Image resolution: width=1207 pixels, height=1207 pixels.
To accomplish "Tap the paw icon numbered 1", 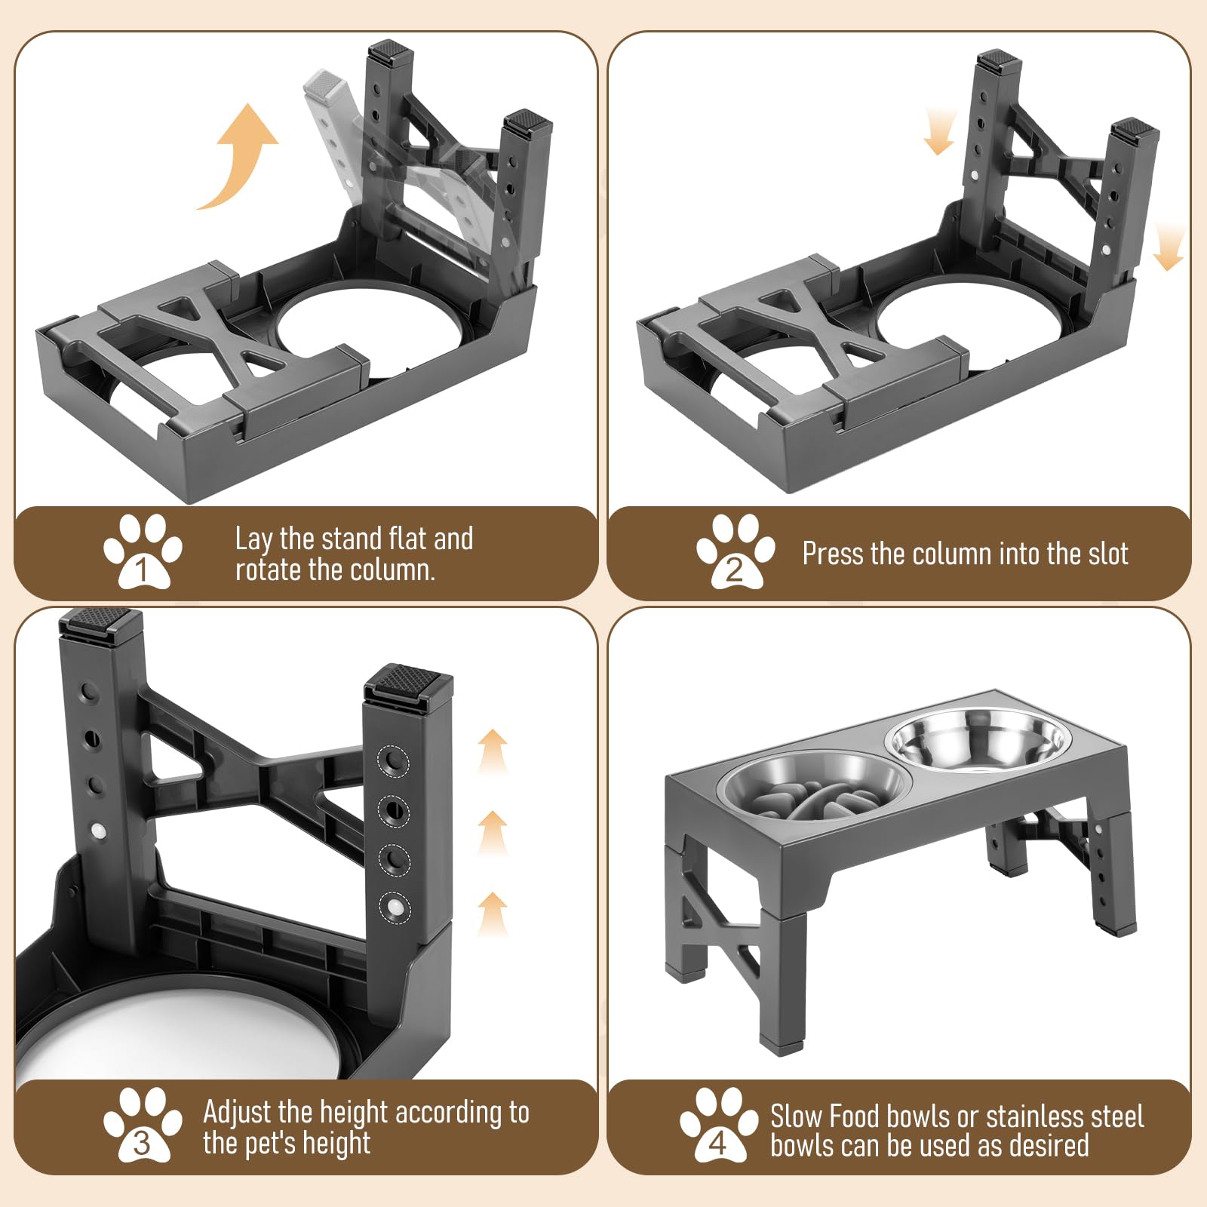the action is [x=143, y=551].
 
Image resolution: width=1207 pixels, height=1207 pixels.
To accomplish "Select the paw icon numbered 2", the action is [x=736, y=551].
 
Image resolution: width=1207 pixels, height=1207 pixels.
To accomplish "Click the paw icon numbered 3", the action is [x=143, y=1124].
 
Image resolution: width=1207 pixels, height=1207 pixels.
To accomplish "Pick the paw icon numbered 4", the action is [x=719, y=1124].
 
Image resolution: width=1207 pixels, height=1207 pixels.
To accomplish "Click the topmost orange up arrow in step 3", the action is [x=493, y=751].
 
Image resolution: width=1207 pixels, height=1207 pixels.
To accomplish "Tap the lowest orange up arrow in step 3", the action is [x=493, y=914].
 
